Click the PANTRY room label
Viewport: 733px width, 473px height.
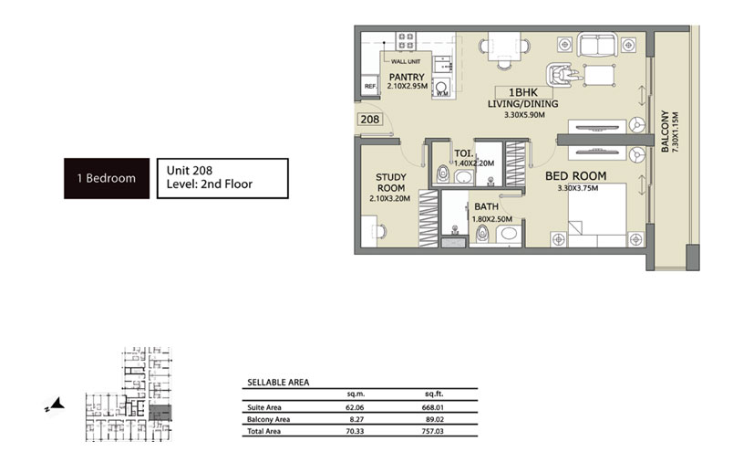click(x=407, y=77)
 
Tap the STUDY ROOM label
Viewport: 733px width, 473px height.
click(x=391, y=183)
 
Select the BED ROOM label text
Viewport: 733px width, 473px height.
click(x=576, y=176)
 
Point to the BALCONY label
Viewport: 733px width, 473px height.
click(x=665, y=131)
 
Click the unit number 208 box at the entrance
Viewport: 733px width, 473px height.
click(x=370, y=120)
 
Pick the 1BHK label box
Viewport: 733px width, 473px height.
click(x=523, y=92)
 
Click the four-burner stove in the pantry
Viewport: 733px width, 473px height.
click(x=406, y=41)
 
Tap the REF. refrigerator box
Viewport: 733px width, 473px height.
click(x=371, y=85)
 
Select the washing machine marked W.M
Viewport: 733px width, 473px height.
click(x=442, y=88)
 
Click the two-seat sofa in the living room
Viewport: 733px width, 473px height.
click(x=597, y=45)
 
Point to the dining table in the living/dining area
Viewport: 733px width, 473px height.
click(x=505, y=47)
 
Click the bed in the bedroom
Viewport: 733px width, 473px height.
click(x=597, y=215)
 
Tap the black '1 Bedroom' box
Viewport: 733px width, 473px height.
click(x=107, y=178)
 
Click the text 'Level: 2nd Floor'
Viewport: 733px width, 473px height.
click(x=210, y=184)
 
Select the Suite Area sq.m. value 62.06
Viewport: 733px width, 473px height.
click(x=355, y=407)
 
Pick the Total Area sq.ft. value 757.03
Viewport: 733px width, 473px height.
click(x=432, y=431)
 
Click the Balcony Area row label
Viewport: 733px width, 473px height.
click(x=268, y=420)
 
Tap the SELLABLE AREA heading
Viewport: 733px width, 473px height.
click(x=278, y=383)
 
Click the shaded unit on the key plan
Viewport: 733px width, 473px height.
click(x=160, y=413)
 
